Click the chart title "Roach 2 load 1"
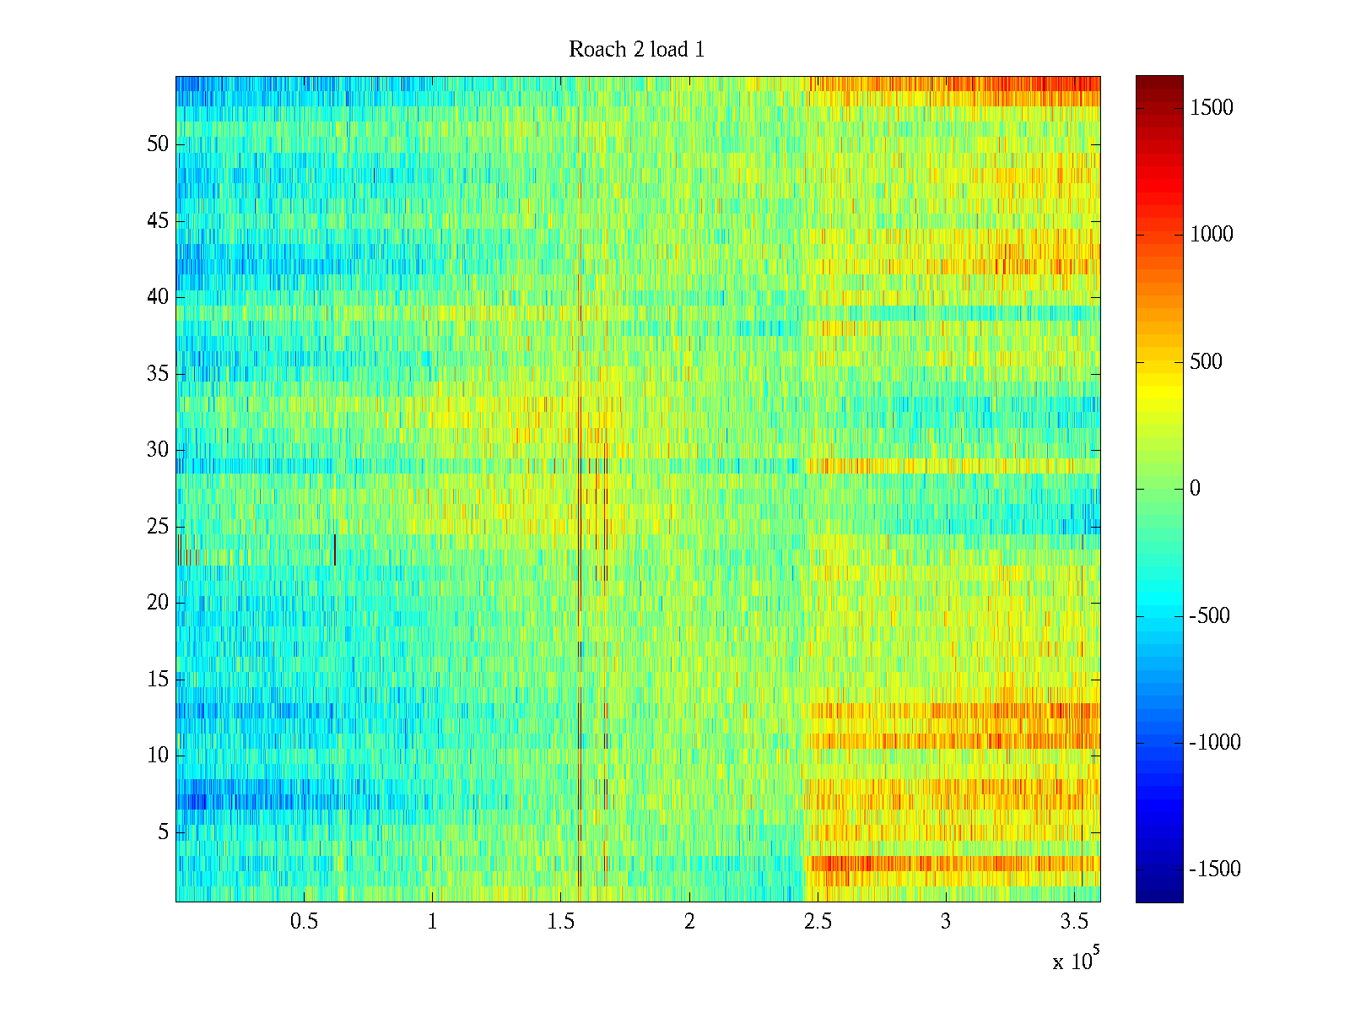pos(636,50)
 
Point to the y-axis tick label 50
pos(158,144)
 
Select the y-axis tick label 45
pos(158,221)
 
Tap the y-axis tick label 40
pos(158,297)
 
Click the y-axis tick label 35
pos(158,374)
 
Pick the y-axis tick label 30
pos(158,450)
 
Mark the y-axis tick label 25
pos(158,527)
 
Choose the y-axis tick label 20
pos(158,603)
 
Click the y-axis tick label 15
pos(158,680)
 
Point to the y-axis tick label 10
pos(158,756)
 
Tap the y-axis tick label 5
pos(163,832)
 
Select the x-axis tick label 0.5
pos(304,922)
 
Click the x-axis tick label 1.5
pos(560,922)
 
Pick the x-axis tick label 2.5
pos(818,922)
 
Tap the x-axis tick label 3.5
pos(1074,922)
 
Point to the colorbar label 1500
pos(1211,108)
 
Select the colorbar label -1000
pos(1214,743)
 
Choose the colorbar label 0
pos(1195,489)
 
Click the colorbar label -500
pos(1209,616)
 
